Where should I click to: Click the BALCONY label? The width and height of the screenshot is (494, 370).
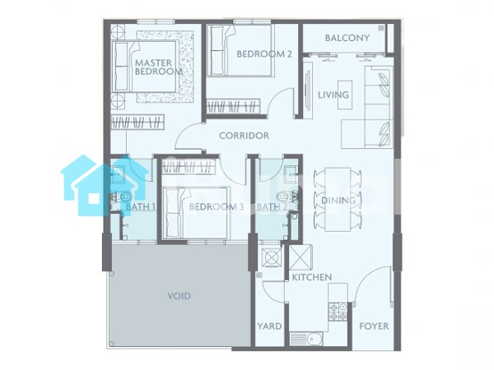pyautogui.click(x=347, y=38)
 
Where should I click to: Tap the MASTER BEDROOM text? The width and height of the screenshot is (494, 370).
pyautogui.click(x=158, y=67)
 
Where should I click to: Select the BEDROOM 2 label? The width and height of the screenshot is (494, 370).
pyautogui.click(x=264, y=53)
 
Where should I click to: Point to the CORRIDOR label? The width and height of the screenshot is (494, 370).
pyautogui.click(x=245, y=136)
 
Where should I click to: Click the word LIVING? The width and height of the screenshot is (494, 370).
pyautogui.click(x=333, y=95)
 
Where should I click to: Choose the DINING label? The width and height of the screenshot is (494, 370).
pyautogui.click(x=338, y=200)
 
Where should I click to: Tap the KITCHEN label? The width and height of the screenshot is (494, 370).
pyautogui.click(x=312, y=277)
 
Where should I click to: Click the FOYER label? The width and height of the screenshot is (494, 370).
pyautogui.click(x=374, y=326)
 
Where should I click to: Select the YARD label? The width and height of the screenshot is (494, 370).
pyautogui.click(x=269, y=326)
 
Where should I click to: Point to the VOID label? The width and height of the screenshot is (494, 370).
pyautogui.click(x=179, y=296)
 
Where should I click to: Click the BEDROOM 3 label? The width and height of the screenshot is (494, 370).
pyautogui.click(x=217, y=206)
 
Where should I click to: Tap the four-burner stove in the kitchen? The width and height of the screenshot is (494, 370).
pyautogui.click(x=338, y=312)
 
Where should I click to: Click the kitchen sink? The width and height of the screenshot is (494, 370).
pyautogui.click(x=305, y=339)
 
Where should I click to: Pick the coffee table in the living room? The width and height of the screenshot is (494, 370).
pyautogui.click(x=345, y=95)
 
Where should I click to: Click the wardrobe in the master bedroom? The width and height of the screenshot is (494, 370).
pyautogui.click(x=137, y=122)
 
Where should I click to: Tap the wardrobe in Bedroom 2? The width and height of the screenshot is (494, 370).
pyautogui.click(x=234, y=106)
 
